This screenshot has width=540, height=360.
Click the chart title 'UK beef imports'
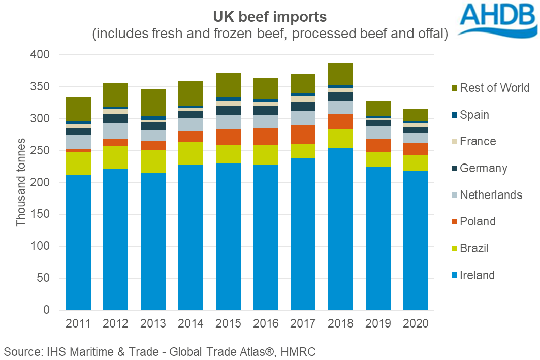(x=270, y=16)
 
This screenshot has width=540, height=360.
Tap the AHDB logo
(x=497, y=20)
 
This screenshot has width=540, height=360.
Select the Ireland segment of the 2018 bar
(x=341, y=228)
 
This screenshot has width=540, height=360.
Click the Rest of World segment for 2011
(x=78, y=109)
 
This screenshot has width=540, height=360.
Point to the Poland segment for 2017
(x=303, y=135)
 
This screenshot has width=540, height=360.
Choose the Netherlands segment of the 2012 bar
(x=116, y=130)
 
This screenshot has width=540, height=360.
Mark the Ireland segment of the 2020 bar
(x=416, y=240)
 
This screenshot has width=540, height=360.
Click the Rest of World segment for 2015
(x=228, y=85)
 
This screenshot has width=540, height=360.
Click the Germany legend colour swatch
(x=452, y=168)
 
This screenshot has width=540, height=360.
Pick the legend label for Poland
(x=478, y=221)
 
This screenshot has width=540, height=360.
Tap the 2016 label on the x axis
(x=266, y=323)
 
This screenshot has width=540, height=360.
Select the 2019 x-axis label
(x=378, y=323)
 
